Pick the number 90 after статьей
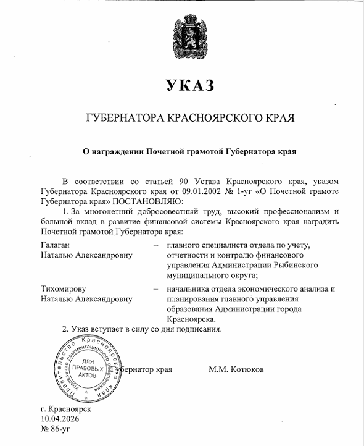(194, 182)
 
